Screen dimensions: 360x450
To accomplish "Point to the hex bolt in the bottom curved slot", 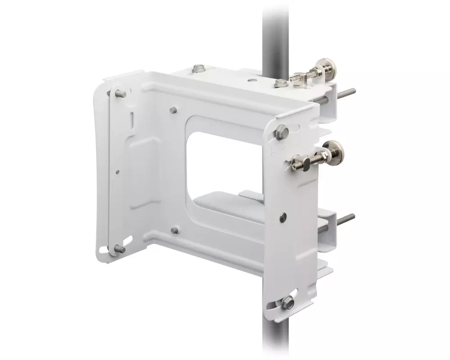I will pos(286,303).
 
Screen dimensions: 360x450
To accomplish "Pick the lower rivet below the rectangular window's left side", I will pos(174,230).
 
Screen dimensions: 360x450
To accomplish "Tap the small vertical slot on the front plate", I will pos(131,121).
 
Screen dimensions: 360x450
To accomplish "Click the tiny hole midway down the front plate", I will pos(117,171).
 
